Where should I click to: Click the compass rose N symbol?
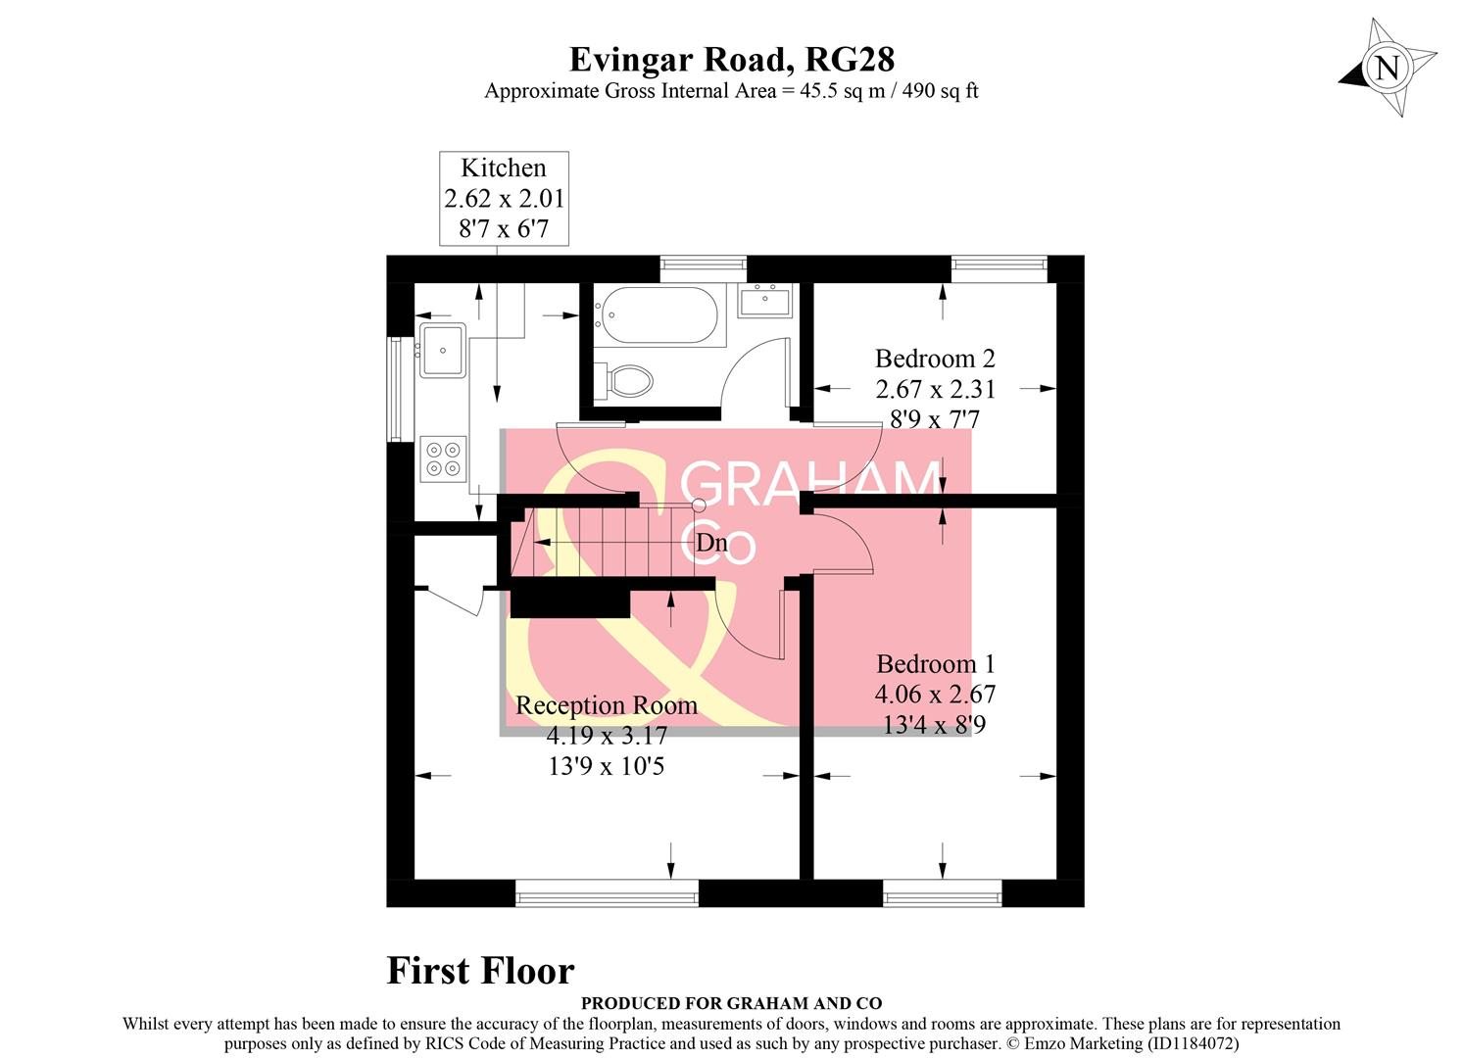[x=1387, y=69]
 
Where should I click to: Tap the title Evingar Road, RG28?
[x=731, y=60]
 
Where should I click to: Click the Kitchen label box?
[x=504, y=198]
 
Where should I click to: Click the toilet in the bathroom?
[x=628, y=379]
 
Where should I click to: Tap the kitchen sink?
[x=443, y=349]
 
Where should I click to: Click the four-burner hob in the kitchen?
[x=442, y=458]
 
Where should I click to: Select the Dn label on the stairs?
[x=711, y=542]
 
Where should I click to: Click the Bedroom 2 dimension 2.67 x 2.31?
[x=935, y=389]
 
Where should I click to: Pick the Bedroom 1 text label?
[x=935, y=664]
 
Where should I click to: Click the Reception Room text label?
[x=607, y=705]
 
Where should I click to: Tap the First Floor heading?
[x=480, y=971]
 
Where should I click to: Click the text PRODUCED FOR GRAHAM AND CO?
[x=731, y=1003]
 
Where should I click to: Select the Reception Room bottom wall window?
[x=607, y=892]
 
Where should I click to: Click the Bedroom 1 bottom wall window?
[x=942, y=892]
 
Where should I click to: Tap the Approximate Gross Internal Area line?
[x=731, y=91]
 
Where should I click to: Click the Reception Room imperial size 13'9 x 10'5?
[x=607, y=766]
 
